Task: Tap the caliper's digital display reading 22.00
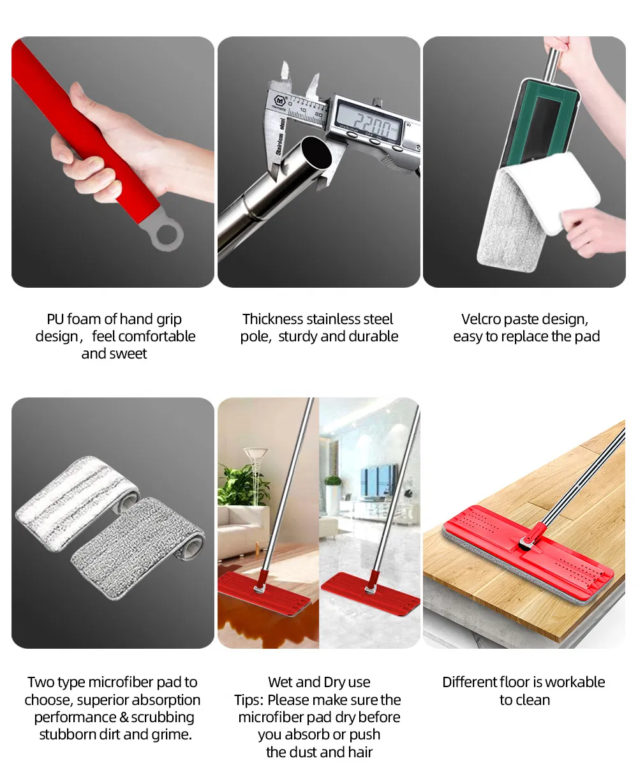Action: tap(370, 117)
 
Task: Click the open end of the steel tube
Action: tap(316, 152)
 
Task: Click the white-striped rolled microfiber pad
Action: tap(77, 504)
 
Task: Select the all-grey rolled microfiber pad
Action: tap(138, 547)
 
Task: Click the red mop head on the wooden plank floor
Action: tap(528, 554)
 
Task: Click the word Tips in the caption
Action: tap(248, 700)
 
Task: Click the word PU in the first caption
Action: tap(55, 319)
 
